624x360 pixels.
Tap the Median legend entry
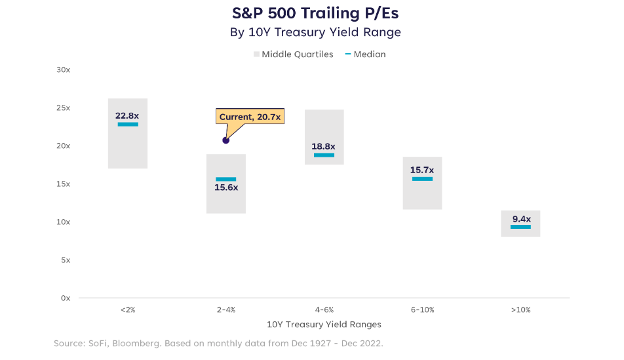[365, 54]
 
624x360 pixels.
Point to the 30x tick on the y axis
[63, 70]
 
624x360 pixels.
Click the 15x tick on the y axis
[63, 184]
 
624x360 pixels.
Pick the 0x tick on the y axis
[65, 298]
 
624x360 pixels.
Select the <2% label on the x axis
[128, 310]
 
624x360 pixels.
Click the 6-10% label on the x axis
[422, 310]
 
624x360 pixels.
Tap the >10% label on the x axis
[520, 310]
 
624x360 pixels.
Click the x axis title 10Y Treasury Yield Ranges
[324, 325]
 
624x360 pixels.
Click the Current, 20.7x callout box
[250, 117]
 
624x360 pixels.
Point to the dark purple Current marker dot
[226, 140]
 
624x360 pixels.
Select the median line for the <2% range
[128, 124]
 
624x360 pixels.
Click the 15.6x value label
[226, 188]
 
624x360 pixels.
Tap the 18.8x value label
[324, 146]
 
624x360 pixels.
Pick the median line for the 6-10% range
[422, 179]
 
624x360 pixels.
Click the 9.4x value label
[520, 218]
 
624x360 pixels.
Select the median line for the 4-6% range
[324, 155]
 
